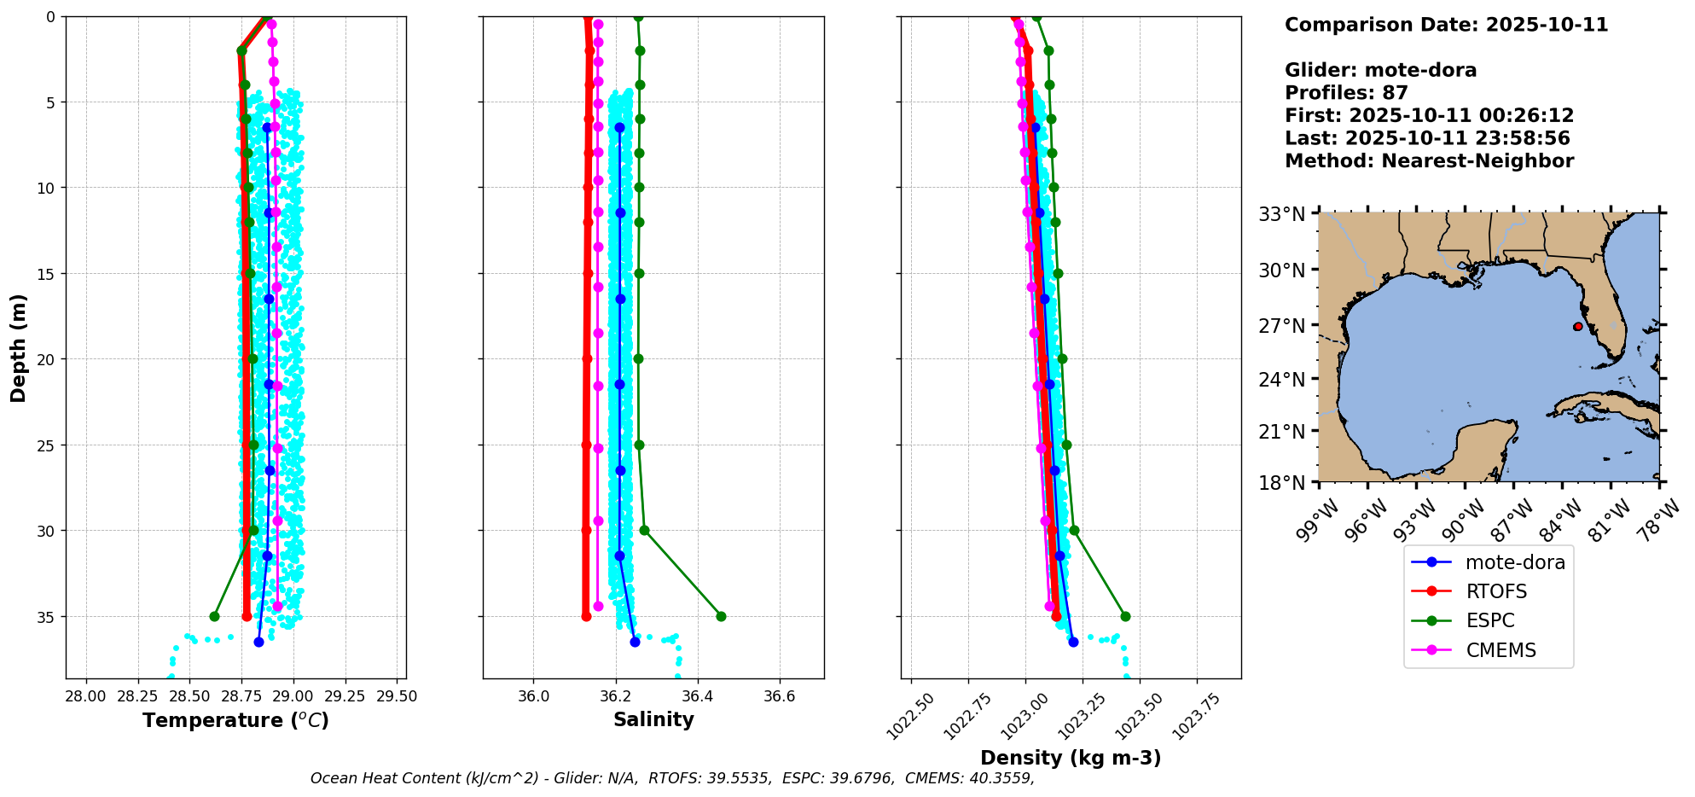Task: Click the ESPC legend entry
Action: click(x=1489, y=621)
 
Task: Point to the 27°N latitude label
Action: click(x=1282, y=326)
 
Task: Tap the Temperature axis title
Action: click(x=235, y=720)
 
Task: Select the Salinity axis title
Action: click(x=653, y=719)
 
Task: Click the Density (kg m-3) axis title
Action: click(x=1071, y=758)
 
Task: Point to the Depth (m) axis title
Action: click(x=19, y=348)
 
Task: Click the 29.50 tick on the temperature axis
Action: click(x=397, y=696)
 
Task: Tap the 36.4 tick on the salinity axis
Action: click(x=697, y=696)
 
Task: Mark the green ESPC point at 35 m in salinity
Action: click(x=721, y=616)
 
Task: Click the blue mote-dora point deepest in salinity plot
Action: click(x=635, y=642)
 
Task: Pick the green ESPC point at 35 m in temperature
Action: click(x=214, y=616)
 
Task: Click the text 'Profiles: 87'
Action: click(x=1346, y=93)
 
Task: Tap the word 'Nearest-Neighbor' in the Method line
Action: click(x=1477, y=161)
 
